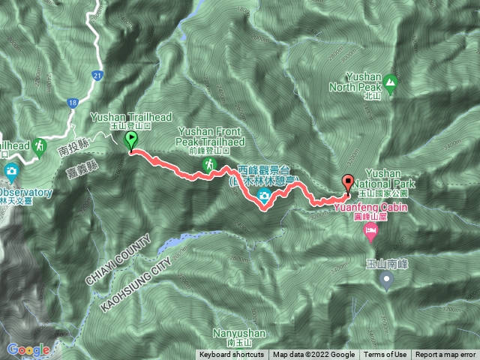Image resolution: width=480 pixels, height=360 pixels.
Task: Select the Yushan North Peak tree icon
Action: tap(389, 80)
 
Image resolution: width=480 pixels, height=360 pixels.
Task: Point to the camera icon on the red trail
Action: tap(264, 196)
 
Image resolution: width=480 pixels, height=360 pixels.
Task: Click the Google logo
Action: tap(28, 349)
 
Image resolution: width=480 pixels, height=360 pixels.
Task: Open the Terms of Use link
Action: tap(385, 355)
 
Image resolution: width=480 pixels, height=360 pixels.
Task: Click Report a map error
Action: tap(447, 355)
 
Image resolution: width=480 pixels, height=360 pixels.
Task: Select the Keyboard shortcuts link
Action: tap(232, 355)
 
